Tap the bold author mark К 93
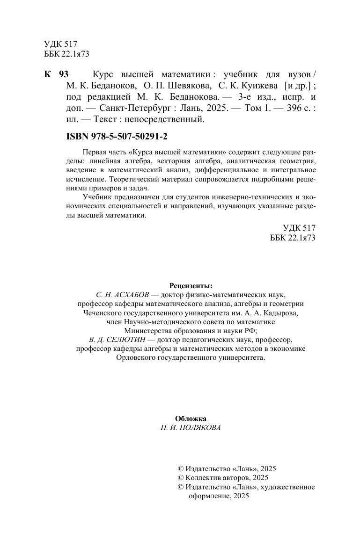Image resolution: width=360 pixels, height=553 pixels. (x=56, y=75)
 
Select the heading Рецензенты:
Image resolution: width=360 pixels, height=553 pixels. (x=191, y=285)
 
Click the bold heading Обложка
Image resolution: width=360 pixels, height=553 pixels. (x=191, y=419)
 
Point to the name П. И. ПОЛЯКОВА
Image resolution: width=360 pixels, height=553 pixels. (x=191, y=428)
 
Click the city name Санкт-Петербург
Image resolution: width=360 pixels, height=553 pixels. (x=133, y=107)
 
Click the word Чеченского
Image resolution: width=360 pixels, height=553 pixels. (x=104, y=313)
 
